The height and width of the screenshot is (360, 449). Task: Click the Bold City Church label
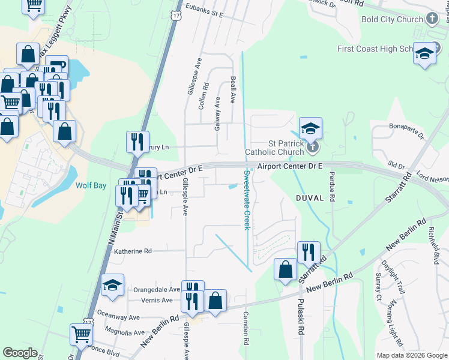pos(392,19)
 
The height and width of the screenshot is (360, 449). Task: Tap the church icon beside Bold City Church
pos(432,19)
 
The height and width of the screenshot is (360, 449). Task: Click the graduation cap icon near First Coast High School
pos(424,54)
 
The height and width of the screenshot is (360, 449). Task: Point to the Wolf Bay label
pos(91,185)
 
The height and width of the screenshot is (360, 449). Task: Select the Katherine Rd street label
pos(133,251)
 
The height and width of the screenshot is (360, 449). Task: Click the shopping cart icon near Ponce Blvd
pos(81,334)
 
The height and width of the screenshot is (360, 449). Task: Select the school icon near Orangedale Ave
pos(112,286)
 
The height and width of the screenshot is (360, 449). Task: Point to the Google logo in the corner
pos(20,353)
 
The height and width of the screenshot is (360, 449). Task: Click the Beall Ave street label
pos(232,90)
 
